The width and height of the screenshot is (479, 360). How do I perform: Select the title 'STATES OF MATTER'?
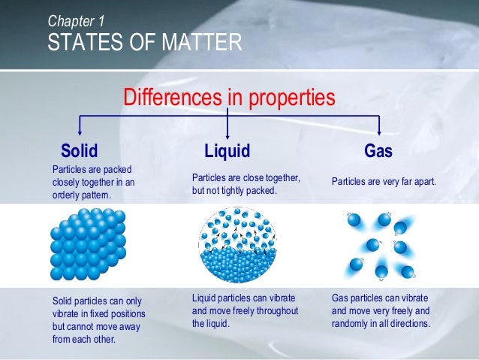pyautogui.click(x=145, y=42)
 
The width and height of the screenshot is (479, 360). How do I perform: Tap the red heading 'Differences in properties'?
pyautogui.click(x=229, y=98)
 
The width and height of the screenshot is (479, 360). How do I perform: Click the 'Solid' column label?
pyautogui.click(x=80, y=151)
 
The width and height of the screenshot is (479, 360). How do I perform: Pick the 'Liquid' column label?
pyautogui.click(x=227, y=151)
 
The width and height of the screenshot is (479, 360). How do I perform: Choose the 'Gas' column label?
pyautogui.click(x=378, y=151)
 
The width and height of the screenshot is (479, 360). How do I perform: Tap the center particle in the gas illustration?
pyautogui.click(x=372, y=245)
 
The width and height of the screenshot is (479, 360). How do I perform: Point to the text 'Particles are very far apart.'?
pyautogui.click(x=384, y=182)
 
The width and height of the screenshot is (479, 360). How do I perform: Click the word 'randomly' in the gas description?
pyautogui.click(x=351, y=324)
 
